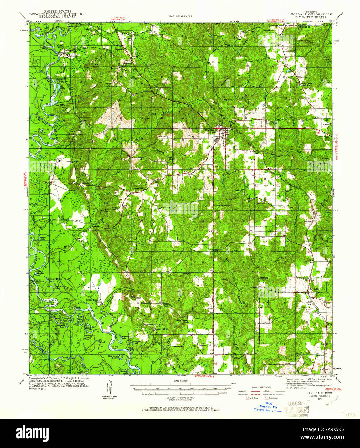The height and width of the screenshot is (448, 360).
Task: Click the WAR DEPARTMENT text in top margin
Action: tap(180, 16)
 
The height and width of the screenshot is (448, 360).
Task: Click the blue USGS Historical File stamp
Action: tap(268, 407)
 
